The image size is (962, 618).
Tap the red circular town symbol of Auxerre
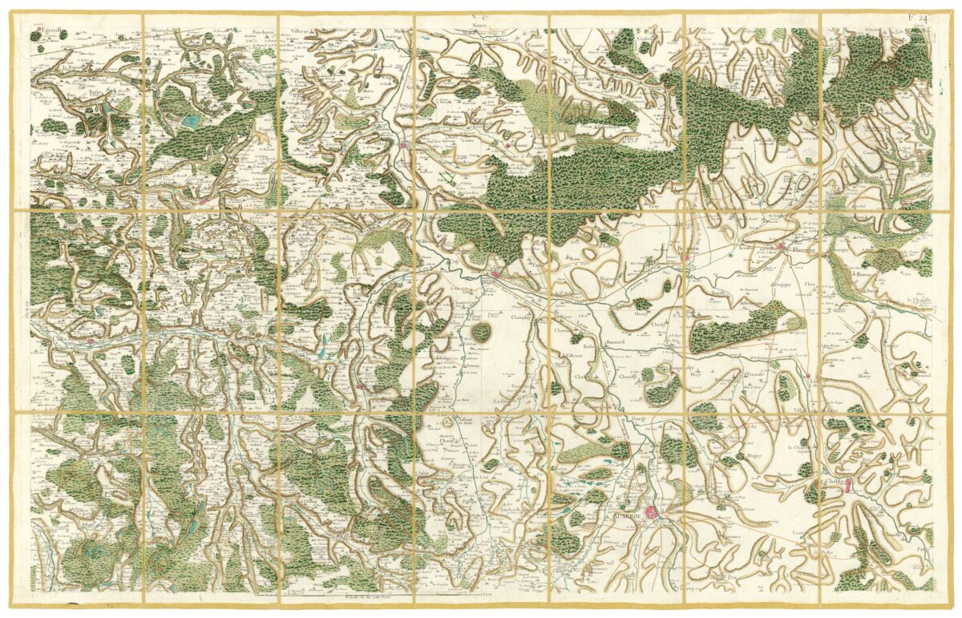point(653,510)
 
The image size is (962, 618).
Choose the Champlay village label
point(523,317)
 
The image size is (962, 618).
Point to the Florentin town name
point(802,249)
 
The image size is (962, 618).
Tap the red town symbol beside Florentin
point(781,248)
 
